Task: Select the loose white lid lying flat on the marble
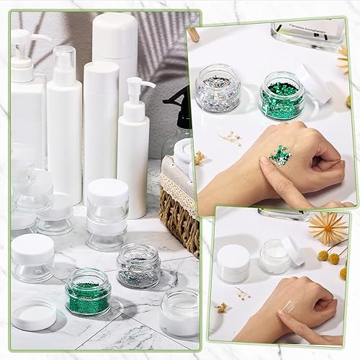click(x=32, y=313)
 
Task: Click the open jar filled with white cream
click(x=275, y=256)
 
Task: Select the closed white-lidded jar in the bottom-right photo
click(x=233, y=262)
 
